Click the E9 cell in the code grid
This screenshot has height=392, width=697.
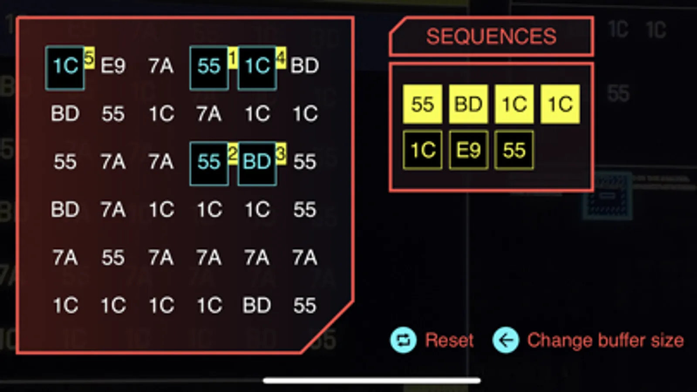coord(113,66)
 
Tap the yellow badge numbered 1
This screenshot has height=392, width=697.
coord(233,58)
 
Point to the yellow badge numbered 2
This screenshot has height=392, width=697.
coord(233,154)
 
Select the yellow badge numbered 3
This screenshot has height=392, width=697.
coord(281,154)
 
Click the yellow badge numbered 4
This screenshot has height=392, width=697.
coord(281,58)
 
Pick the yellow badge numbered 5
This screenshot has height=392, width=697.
coord(89,58)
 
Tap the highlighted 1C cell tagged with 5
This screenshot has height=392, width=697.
coord(65,68)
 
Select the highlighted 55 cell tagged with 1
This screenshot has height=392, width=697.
coord(209,68)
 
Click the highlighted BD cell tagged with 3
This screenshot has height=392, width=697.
coord(257,163)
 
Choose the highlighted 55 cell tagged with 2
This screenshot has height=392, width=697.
coord(209,163)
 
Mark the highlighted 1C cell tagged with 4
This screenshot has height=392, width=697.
coord(257,68)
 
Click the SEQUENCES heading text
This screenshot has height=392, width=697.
coord(491,37)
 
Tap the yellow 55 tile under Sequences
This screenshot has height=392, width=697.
coord(422,104)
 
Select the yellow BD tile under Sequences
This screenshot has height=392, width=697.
coord(468,104)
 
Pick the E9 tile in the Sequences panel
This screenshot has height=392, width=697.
coord(468,150)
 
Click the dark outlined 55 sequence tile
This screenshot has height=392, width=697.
coord(514,150)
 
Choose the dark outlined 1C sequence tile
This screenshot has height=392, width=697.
coord(422,150)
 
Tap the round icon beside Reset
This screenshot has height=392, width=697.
coord(404,340)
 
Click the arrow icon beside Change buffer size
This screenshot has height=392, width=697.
coord(506,340)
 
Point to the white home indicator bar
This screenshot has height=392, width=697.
coord(372,381)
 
